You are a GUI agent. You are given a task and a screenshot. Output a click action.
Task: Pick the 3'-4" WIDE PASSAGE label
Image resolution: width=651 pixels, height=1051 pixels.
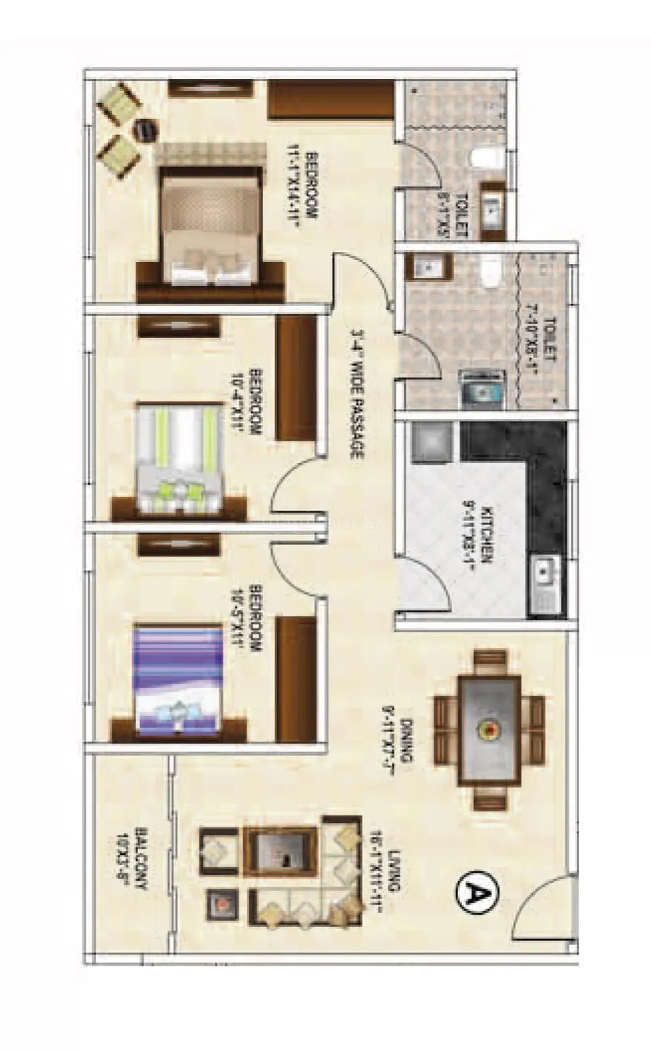click(x=356, y=394)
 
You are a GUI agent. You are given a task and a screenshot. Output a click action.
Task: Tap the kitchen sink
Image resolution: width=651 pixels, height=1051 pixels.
click(x=544, y=577)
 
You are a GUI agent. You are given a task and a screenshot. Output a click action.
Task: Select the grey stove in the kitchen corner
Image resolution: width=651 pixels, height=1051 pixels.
click(x=430, y=442)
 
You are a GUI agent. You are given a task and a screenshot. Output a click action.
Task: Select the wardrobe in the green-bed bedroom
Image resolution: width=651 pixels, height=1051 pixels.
click(x=296, y=378)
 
